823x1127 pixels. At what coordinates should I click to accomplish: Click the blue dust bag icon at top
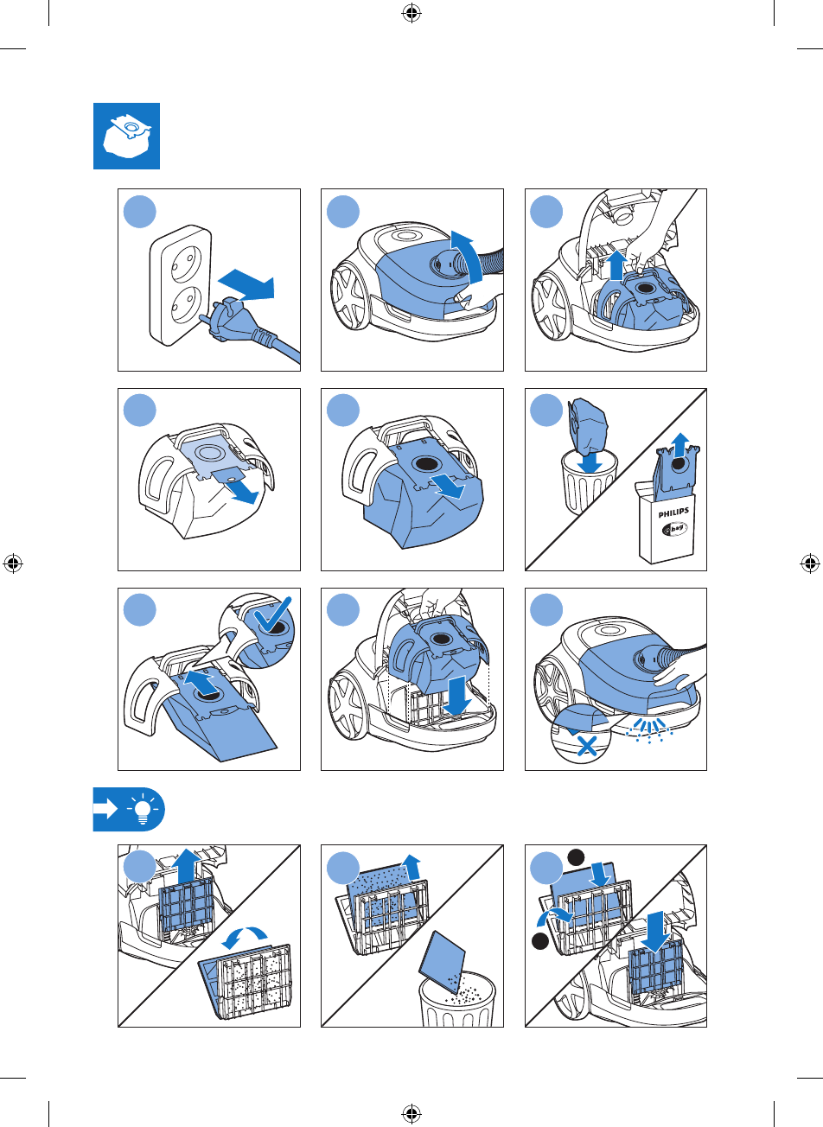coord(127,136)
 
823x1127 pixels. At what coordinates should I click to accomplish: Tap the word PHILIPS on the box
coord(673,513)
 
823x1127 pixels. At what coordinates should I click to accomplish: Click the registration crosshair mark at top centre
coord(411,12)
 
